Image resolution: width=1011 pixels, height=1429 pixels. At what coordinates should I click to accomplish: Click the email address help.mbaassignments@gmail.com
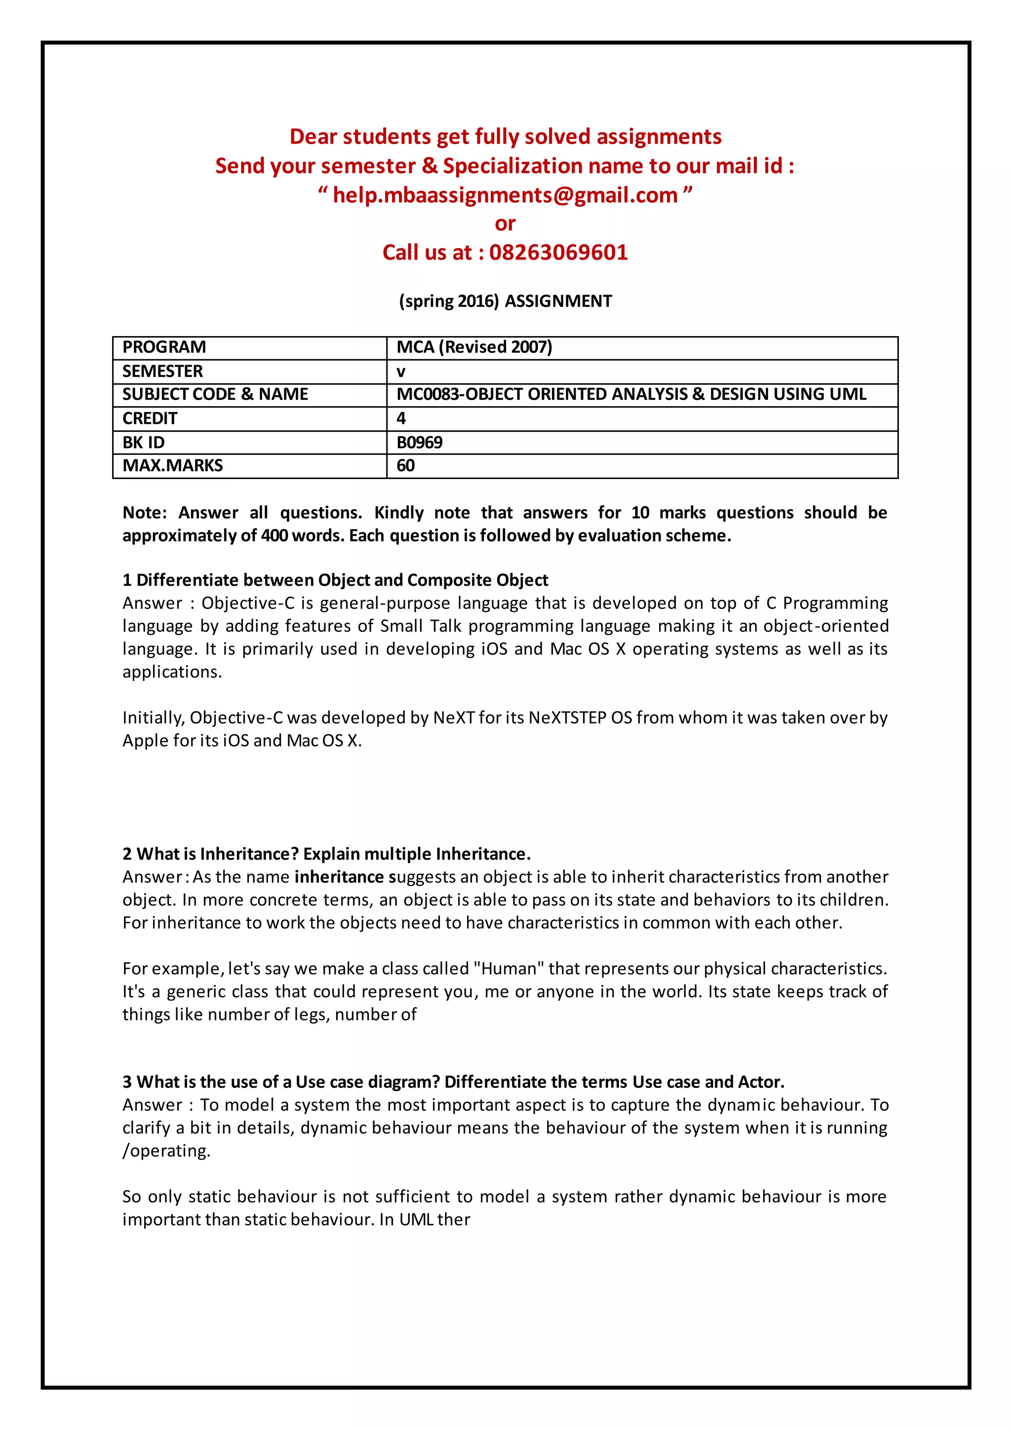505,195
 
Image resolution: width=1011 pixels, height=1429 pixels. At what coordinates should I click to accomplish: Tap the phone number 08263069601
558,252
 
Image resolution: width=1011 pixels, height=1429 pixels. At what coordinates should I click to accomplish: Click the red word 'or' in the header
505,224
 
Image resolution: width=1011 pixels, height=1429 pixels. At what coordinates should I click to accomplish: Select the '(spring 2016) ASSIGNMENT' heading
505,301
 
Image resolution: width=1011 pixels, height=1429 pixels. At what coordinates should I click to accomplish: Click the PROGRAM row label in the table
164,347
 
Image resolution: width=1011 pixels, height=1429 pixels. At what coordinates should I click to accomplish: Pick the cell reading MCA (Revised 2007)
474,347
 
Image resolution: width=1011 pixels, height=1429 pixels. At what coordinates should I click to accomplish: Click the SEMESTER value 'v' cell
401,372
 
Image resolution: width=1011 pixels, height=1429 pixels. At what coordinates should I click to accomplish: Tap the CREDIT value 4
401,418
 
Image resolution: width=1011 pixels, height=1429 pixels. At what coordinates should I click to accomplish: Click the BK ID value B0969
420,443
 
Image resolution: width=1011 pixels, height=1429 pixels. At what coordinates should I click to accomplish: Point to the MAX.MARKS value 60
405,465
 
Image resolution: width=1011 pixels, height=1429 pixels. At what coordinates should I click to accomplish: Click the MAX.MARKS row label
172,465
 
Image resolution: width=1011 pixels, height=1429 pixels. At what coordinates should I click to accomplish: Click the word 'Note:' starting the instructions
145,513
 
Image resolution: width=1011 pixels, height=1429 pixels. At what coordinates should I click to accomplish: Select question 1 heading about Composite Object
335,580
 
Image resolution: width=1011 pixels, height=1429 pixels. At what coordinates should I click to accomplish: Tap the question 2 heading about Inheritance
326,854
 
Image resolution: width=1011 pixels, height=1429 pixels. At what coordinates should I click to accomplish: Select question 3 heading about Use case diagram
453,1082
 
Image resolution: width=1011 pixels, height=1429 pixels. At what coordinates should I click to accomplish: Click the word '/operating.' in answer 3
166,1151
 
